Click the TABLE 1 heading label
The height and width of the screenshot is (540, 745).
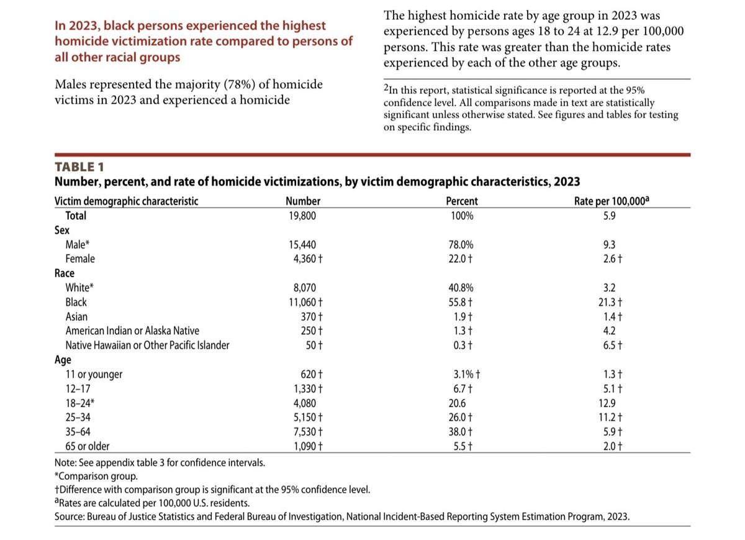coord(79,167)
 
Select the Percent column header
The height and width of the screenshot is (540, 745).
coord(462,201)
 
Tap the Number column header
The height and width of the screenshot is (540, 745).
coord(303,201)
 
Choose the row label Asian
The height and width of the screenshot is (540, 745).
coord(76,317)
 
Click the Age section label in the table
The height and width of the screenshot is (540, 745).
coord(63,360)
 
